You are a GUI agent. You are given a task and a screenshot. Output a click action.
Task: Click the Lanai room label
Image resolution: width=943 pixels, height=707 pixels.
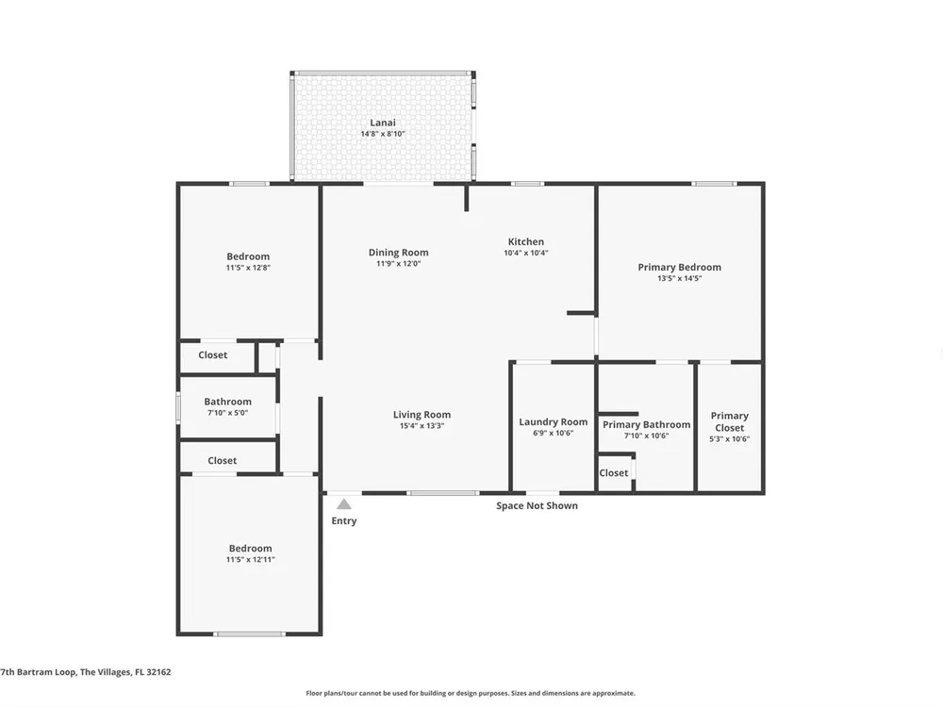[x=383, y=123]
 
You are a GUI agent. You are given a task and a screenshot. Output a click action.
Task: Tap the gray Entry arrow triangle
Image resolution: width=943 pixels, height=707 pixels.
[x=344, y=503]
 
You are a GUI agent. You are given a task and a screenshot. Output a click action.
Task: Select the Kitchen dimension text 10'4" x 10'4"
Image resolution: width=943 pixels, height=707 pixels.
[x=526, y=253]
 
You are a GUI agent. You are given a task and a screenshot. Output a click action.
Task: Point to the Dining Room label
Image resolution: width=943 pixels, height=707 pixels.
[x=399, y=253]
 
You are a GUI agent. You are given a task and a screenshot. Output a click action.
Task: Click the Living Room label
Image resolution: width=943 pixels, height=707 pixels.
[x=422, y=414]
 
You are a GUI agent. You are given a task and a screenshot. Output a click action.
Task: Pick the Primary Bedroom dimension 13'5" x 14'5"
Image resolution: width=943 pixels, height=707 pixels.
[x=680, y=278]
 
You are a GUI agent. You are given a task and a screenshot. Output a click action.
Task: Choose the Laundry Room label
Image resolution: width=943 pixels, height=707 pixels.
[x=554, y=422]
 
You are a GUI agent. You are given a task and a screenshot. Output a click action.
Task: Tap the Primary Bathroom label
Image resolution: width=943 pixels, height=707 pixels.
[x=647, y=424]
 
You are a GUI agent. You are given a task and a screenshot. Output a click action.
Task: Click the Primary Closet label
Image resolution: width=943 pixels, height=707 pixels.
[x=730, y=421]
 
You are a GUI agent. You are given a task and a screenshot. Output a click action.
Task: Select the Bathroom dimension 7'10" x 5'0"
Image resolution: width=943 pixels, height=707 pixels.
[x=228, y=413]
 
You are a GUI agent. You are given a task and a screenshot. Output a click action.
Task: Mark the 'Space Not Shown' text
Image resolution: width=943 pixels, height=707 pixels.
[x=538, y=505]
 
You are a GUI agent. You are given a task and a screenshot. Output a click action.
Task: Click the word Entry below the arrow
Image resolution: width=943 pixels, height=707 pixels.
[x=344, y=520]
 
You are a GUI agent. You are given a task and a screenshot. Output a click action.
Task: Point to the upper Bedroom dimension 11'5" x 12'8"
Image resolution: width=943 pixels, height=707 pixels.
[x=248, y=268]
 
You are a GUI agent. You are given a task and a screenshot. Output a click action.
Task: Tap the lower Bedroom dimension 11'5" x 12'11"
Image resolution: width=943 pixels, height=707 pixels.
[x=251, y=560]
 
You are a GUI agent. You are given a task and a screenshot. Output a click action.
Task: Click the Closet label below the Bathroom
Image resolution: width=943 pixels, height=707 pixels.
[x=222, y=461]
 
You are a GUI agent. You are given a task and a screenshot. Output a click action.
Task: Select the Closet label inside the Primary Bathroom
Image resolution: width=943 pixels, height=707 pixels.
[x=614, y=473]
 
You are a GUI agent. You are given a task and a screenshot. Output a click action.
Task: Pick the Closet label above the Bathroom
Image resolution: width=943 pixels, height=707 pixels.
[x=213, y=354]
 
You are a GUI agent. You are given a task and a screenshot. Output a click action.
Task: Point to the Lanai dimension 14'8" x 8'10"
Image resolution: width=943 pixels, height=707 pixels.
[x=383, y=134]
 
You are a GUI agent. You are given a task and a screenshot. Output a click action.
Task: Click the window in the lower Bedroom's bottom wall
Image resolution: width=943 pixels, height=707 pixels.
[x=249, y=633]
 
